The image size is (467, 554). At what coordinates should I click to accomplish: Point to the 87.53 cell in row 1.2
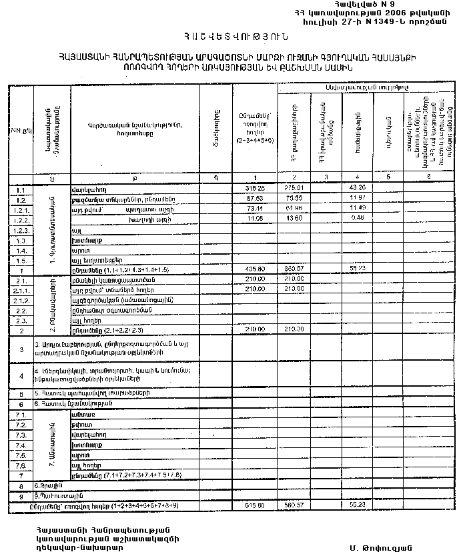(x=256, y=199)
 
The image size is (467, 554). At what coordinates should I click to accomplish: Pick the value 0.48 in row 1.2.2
(x=357, y=219)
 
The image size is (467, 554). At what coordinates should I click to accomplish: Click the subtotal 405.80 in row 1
(x=256, y=270)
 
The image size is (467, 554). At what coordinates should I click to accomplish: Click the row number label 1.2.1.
(x=20, y=209)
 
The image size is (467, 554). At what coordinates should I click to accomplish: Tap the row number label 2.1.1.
(x=20, y=290)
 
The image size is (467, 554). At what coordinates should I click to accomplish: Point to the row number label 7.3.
(x=20, y=435)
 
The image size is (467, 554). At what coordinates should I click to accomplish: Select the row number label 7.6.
(x=20, y=465)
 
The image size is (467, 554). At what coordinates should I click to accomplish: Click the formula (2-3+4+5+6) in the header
(x=256, y=141)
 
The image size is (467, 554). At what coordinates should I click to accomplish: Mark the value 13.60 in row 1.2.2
(x=294, y=219)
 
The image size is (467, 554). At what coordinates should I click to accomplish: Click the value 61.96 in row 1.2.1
(x=294, y=209)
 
